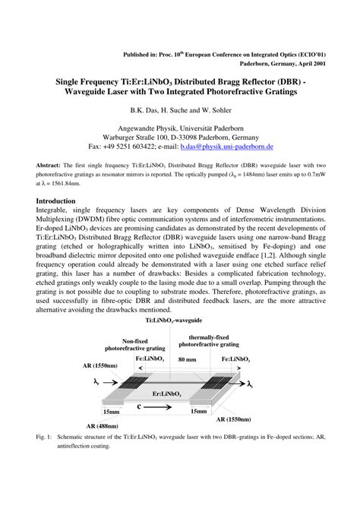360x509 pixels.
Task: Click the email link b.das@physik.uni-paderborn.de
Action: click(242, 145)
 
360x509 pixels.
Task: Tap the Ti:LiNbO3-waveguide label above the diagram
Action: click(179, 322)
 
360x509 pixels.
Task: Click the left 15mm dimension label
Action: click(112, 411)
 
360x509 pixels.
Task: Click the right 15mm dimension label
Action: click(200, 411)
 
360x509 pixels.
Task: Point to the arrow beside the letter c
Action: click(161, 407)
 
